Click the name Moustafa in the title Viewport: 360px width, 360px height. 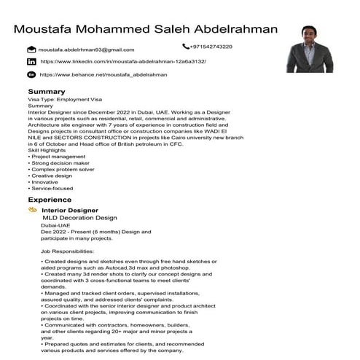pyautogui.click(x=50, y=29)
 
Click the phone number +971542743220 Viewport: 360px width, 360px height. pyautogui.click(x=211, y=47)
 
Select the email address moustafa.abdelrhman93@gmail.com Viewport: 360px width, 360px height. pyautogui.click(x=87, y=50)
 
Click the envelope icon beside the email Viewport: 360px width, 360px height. pyautogui.click(x=31, y=50)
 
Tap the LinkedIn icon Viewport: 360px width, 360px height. pyautogui.click(x=31, y=62)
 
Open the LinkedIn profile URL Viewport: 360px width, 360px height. pyautogui.click(x=122, y=62)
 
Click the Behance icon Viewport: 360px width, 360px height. pyautogui.click(x=31, y=74)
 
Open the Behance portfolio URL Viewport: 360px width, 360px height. pyautogui.click(x=103, y=74)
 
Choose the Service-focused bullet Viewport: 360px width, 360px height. pyautogui.click(x=53, y=189)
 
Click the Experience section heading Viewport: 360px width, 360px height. pyautogui.click(x=50, y=199)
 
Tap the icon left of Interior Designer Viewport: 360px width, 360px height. pyautogui.click(x=33, y=210)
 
